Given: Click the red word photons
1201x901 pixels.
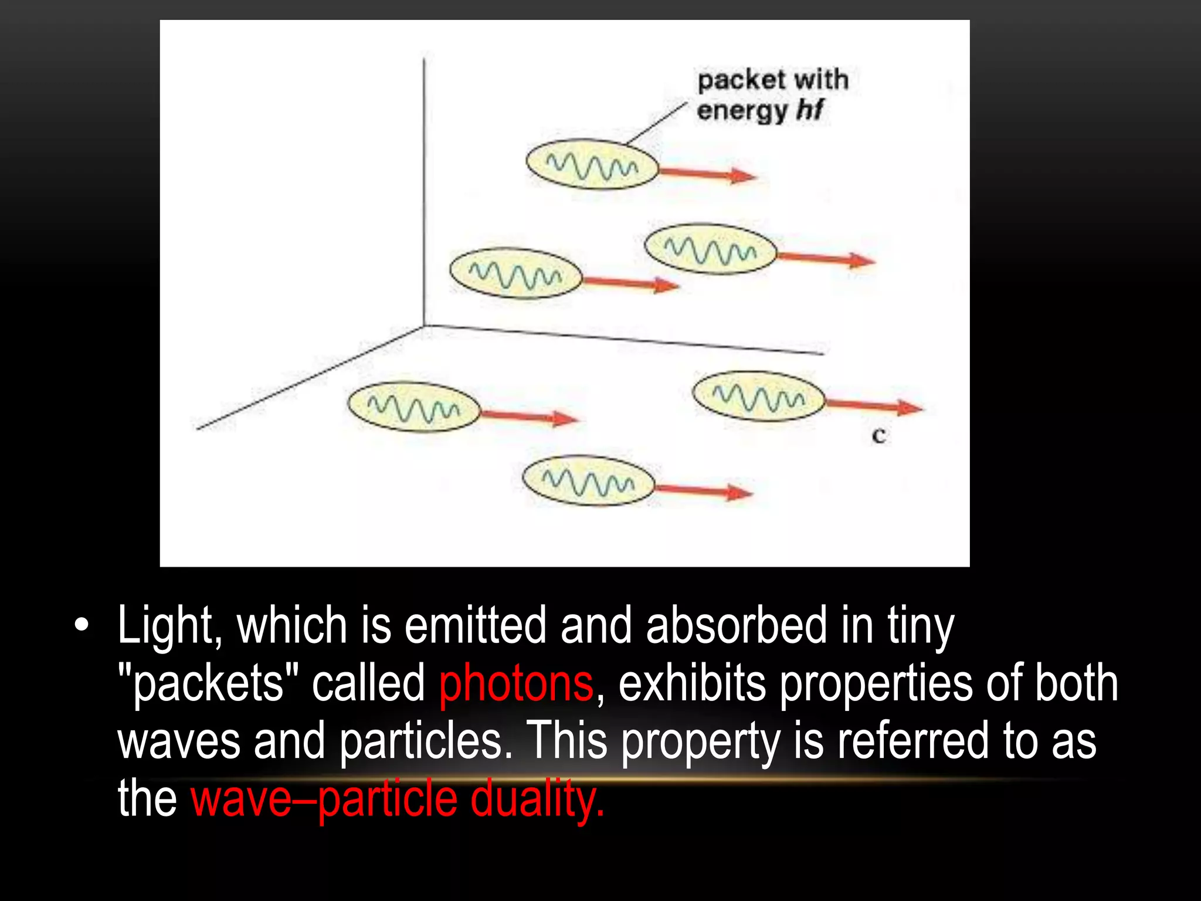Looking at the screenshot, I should (516, 684).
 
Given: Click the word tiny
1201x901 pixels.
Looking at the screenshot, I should (921, 626).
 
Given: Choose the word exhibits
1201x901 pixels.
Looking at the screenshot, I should (692, 683).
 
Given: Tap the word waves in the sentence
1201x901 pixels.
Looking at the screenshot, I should (179, 741).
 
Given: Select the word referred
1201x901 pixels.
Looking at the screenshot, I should (912, 740).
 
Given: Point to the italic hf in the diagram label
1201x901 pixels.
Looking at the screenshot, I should (810, 110).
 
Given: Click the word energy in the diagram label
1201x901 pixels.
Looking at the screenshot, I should (742, 111).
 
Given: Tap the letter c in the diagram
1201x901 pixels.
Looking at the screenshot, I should (878, 436).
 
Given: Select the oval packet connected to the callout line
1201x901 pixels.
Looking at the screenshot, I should (592, 164).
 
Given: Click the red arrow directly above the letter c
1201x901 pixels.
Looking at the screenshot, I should (874, 406).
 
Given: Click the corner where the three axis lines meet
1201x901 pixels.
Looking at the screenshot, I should (424, 326).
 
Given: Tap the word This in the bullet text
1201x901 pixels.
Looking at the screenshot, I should (566, 740).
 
